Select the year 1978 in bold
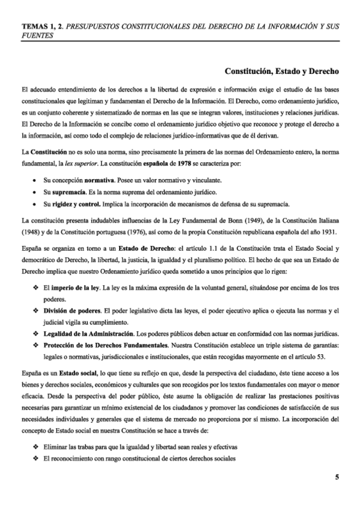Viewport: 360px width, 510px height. pos(148,164)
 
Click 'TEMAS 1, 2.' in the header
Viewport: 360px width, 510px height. pos(41,26)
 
